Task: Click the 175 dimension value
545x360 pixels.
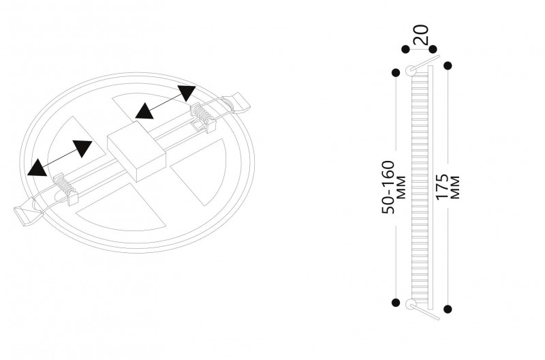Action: tap(442, 187)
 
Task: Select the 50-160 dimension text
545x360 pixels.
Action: tap(388, 187)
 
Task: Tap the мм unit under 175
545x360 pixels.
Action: tap(455, 187)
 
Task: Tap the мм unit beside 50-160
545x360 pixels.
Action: tap(401, 187)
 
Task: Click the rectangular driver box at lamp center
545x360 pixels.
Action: tap(137, 151)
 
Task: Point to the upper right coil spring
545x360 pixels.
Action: tap(201, 114)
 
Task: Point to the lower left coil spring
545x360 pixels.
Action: tap(63, 183)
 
